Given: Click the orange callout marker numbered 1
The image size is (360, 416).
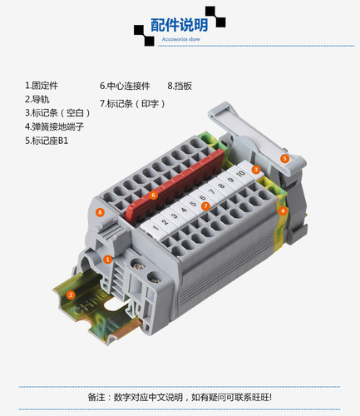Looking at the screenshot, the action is click(107, 260).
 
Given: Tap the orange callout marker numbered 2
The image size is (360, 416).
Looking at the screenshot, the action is click(71, 295).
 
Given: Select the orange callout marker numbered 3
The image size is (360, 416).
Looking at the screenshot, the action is click(256, 170).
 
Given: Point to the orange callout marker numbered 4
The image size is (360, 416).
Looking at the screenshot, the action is click(283, 211).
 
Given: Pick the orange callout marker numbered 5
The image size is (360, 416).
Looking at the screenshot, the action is click(284, 159).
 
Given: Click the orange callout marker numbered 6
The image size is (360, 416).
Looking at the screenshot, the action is click(153, 196).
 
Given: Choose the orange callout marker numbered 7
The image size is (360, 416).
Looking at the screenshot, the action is click(205, 206).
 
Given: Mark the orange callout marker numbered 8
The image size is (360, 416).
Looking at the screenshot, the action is click(100, 213).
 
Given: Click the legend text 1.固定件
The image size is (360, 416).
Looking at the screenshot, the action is click(42, 86).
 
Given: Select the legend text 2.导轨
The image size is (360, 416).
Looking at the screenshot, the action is click(37, 99).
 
